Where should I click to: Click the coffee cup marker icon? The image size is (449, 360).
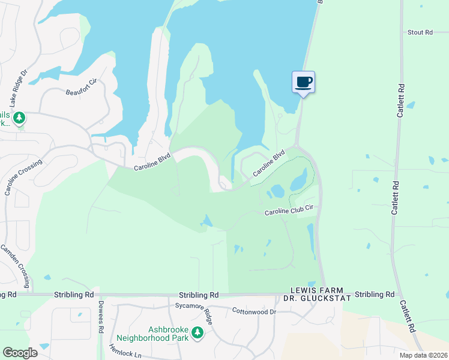point(303,82)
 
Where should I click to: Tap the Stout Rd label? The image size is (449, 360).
point(420,32)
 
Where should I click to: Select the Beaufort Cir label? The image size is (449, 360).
point(80,87)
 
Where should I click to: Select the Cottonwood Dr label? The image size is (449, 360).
point(254,311)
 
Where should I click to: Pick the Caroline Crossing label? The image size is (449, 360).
point(23,178)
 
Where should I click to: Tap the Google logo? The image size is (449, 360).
point(20,353)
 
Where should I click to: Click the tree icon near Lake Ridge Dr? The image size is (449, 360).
point(19,118)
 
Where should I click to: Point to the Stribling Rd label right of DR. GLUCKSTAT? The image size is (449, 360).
point(375,295)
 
